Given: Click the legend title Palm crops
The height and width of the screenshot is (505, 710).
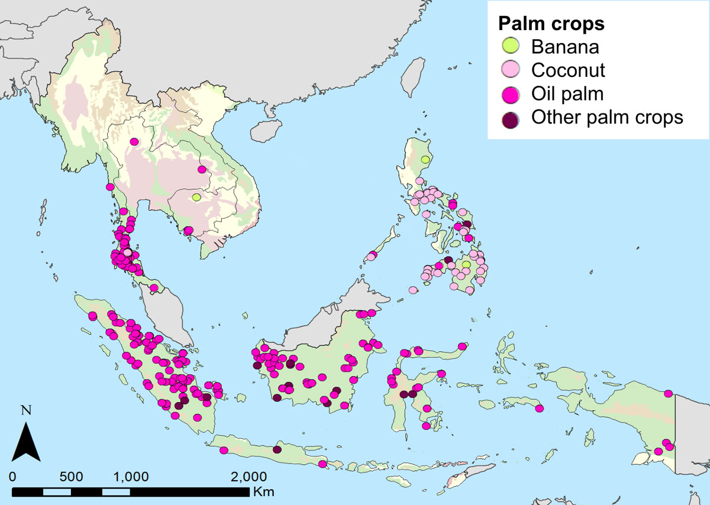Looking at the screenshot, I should pyautogui.click(x=550, y=24).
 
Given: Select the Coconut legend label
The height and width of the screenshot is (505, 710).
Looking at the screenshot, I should pyautogui.click(x=567, y=70).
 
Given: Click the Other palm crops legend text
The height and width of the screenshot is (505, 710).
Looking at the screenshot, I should pyautogui.click(x=606, y=118).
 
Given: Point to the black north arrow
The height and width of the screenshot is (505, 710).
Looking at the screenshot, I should pyautogui.click(x=26, y=438).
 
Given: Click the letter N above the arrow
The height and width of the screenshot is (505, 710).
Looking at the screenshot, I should pyautogui.click(x=25, y=409).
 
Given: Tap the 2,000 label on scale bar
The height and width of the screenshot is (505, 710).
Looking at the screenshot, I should pyautogui.click(x=246, y=477).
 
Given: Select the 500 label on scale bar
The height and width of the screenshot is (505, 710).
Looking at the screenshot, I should pyautogui.click(x=72, y=477).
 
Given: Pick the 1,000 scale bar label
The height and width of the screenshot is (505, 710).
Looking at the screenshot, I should pyautogui.click(x=130, y=477).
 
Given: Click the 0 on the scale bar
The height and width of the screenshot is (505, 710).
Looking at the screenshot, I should pyautogui.click(x=14, y=477).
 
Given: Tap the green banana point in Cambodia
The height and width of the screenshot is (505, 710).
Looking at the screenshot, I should pyautogui.click(x=196, y=197).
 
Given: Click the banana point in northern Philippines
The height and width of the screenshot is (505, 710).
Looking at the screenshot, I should pyautogui.click(x=425, y=160).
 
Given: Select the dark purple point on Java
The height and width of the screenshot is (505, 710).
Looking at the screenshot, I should pyautogui.click(x=277, y=449).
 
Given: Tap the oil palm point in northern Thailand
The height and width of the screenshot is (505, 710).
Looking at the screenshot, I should pyautogui.click(x=134, y=141).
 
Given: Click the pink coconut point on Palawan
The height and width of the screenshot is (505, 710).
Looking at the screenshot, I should pyautogui.click(x=372, y=256).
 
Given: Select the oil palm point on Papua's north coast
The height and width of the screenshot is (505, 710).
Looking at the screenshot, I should pyautogui.click(x=668, y=393).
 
